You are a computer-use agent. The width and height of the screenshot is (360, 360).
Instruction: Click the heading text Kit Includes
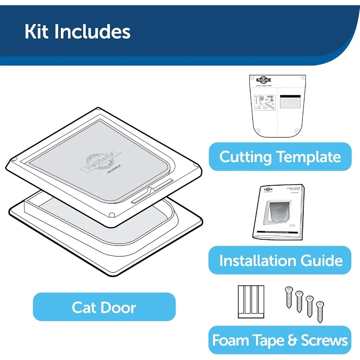[77, 32]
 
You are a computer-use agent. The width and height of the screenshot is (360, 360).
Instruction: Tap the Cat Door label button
[104, 307]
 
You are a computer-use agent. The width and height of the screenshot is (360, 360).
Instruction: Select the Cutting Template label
[280, 157]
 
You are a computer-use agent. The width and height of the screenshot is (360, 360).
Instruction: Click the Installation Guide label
[280, 260]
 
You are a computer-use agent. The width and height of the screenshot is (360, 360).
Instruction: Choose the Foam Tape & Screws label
[280, 340]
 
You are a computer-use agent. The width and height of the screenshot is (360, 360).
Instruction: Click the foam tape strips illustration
[251, 302]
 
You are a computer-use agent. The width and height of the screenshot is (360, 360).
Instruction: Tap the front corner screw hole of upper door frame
[112, 215]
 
